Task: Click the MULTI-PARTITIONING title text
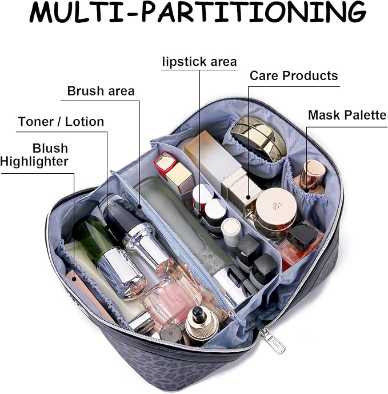tap(198, 12)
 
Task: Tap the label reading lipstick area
tap(199, 62)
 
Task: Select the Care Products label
tap(294, 75)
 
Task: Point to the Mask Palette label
tap(347, 115)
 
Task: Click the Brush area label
tap(101, 91)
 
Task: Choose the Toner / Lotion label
tap(61, 122)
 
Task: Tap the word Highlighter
tap(34, 161)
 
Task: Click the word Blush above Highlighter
tap(50, 148)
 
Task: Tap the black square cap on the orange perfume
tap(303, 236)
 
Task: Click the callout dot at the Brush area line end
tap(139, 206)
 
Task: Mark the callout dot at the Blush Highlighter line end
tap(74, 279)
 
